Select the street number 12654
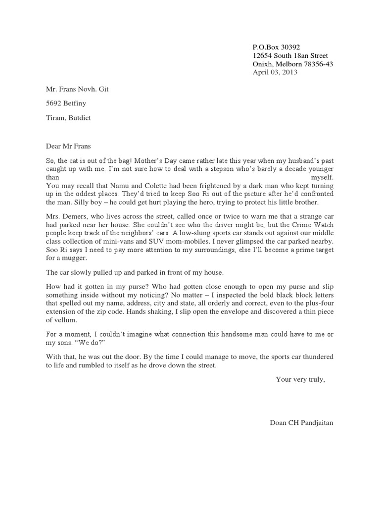(262, 56)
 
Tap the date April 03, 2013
(275, 72)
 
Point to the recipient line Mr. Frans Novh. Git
(78, 90)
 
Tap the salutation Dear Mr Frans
(69, 146)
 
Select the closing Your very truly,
(300, 380)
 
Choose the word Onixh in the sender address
(262, 64)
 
